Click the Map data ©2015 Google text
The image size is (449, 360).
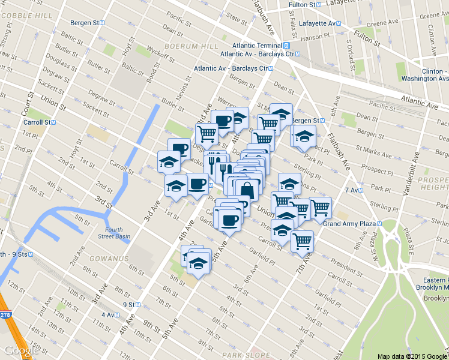(x=411, y=356)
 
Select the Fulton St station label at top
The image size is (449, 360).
(x=303, y=5)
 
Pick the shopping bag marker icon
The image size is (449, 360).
(x=246, y=189)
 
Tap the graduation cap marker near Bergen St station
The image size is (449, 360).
(x=304, y=135)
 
